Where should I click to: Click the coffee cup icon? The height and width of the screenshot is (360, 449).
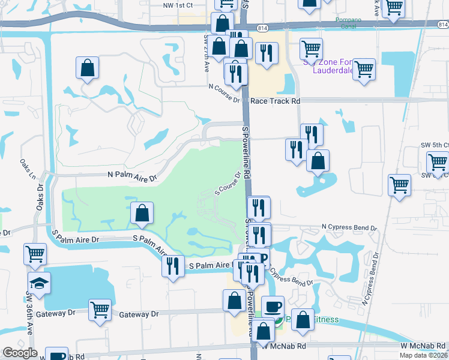coord(273,307)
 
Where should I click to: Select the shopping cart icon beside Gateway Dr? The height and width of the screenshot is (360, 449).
coord(100,310)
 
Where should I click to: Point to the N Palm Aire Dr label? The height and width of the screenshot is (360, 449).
coord(131,175)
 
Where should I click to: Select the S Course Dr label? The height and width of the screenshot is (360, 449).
coord(228,184)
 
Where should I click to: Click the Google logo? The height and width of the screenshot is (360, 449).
coord(20,353)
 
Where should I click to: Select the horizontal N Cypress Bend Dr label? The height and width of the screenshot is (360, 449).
coord(349,228)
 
